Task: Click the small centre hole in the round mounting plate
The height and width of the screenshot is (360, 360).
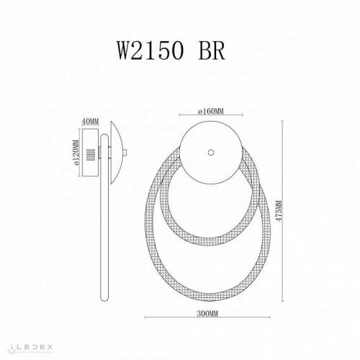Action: [x=210, y=152]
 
